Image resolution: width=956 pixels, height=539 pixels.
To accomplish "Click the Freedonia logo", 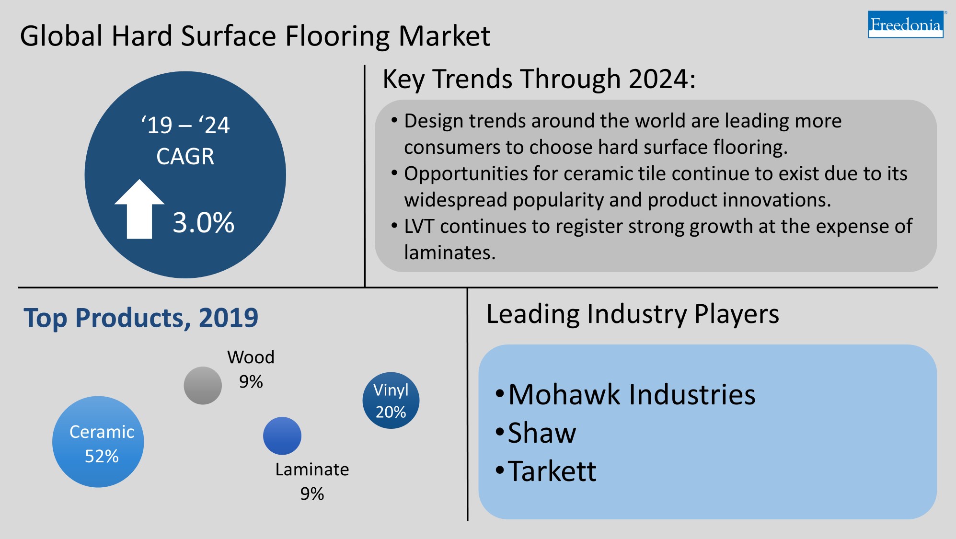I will [x=905, y=24].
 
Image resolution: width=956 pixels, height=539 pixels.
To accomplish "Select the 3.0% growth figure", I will [x=204, y=223].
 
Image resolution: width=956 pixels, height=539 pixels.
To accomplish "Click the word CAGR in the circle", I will [x=185, y=157].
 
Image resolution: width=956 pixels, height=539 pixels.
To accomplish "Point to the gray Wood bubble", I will [x=203, y=386].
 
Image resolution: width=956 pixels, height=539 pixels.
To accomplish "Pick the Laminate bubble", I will [x=282, y=436].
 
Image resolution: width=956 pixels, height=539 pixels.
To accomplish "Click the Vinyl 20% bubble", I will [x=391, y=401].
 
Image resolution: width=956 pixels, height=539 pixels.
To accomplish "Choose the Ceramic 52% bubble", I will [x=98, y=442].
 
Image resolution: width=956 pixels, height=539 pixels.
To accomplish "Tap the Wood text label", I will [x=251, y=357].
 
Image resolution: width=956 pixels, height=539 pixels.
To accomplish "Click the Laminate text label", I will [x=312, y=470].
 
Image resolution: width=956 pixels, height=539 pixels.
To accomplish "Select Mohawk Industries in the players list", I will [x=632, y=395].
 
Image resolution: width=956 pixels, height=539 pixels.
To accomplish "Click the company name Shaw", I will [x=542, y=433].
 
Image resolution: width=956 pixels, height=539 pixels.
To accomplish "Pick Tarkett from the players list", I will [x=552, y=471].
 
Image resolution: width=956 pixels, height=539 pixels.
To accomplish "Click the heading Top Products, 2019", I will [x=141, y=318].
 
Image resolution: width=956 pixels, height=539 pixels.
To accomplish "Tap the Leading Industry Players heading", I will [x=633, y=314].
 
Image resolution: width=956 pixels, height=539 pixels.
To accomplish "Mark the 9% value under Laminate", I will [x=312, y=494].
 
